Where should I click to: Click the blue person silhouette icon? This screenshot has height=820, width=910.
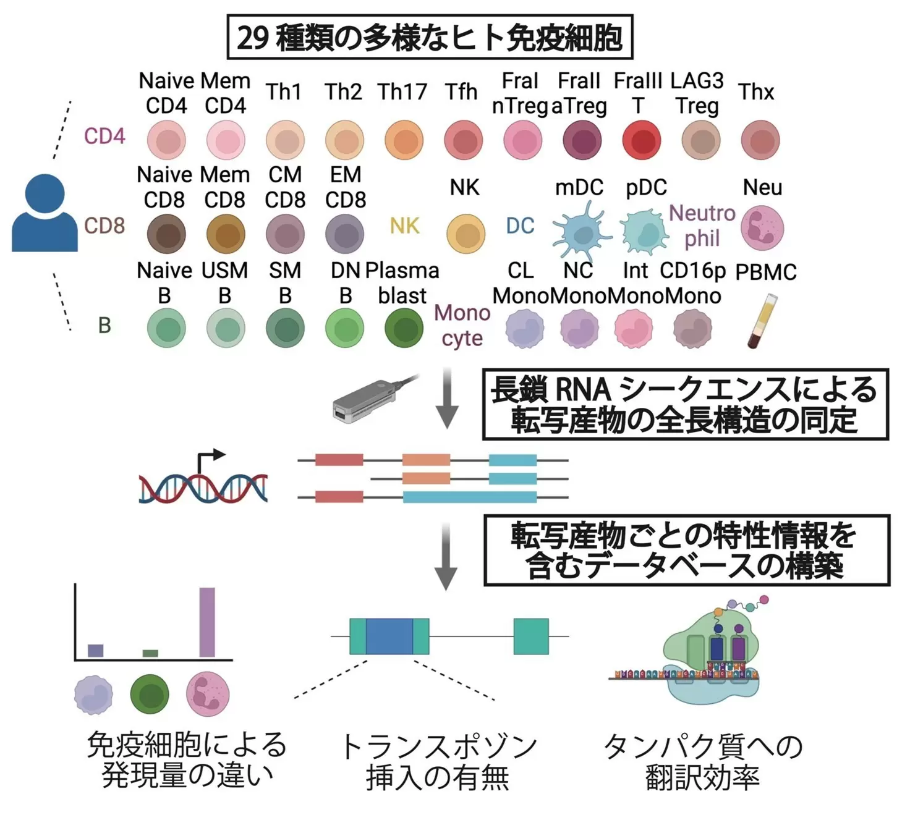coord(45,213)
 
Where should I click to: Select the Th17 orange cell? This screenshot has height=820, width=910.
coord(404,140)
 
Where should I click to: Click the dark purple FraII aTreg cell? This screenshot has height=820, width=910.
coord(582,140)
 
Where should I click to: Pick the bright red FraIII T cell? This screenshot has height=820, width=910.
coord(642,140)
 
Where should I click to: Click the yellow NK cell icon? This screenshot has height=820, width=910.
coord(466,234)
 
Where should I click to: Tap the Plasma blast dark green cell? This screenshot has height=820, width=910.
coord(404,328)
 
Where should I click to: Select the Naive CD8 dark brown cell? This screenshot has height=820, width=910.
coord(166,234)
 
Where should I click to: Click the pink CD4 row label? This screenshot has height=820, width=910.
coord(104,136)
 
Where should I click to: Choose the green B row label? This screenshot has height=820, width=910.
coord(104,325)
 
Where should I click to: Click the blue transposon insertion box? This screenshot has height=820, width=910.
coord(389,636)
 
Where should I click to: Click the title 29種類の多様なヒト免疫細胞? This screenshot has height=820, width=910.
coord(430,38)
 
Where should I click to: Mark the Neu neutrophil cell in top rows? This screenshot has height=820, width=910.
coord(762,228)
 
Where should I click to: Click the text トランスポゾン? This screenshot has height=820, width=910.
coord(438,746)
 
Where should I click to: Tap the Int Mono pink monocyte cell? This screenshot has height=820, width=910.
coord(633,328)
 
